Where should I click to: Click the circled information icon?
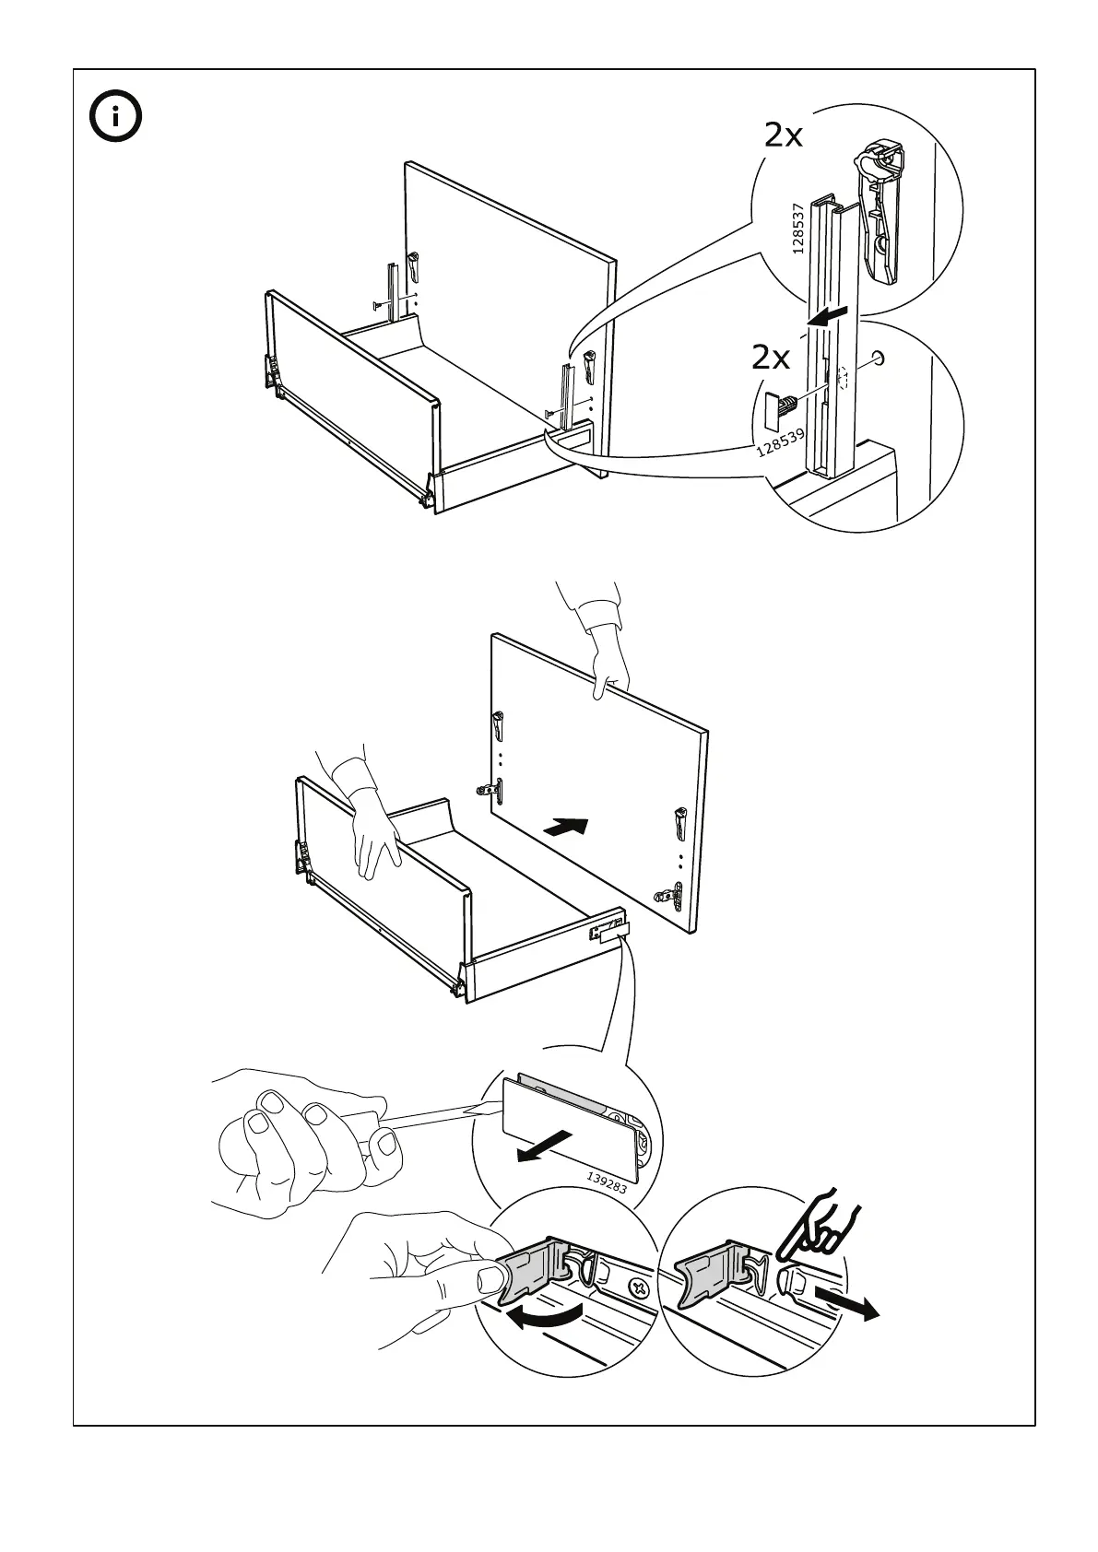pyautogui.click(x=115, y=118)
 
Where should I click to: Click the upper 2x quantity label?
pyautogui.click(x=784, y=136)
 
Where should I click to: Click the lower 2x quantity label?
pyautogui.click(x=771, y=357)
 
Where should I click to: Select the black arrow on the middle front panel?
pyautogui.click(x=565, y=826)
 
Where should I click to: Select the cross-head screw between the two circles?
pyautogui.click(x=636, y=1287)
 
